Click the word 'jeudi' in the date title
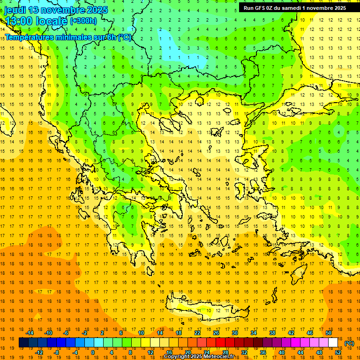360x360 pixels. tap(15, 10)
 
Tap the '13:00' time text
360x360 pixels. tap(18, 21)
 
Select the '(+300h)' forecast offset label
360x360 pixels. tap(83, 21)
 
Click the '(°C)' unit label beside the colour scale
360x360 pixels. tap(349, 343)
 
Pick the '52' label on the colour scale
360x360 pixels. tap(338, 352)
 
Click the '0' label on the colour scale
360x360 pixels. tap(92, 352)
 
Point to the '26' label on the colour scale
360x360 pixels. tap(216, 333)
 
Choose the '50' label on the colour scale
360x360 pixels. tap(329, 333)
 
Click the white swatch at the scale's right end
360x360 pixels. tap(333, 343)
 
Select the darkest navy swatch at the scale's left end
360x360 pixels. tap(23, 343)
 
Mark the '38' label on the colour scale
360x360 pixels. tap(272, 333)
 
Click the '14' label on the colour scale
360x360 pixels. tap(160, 333)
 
